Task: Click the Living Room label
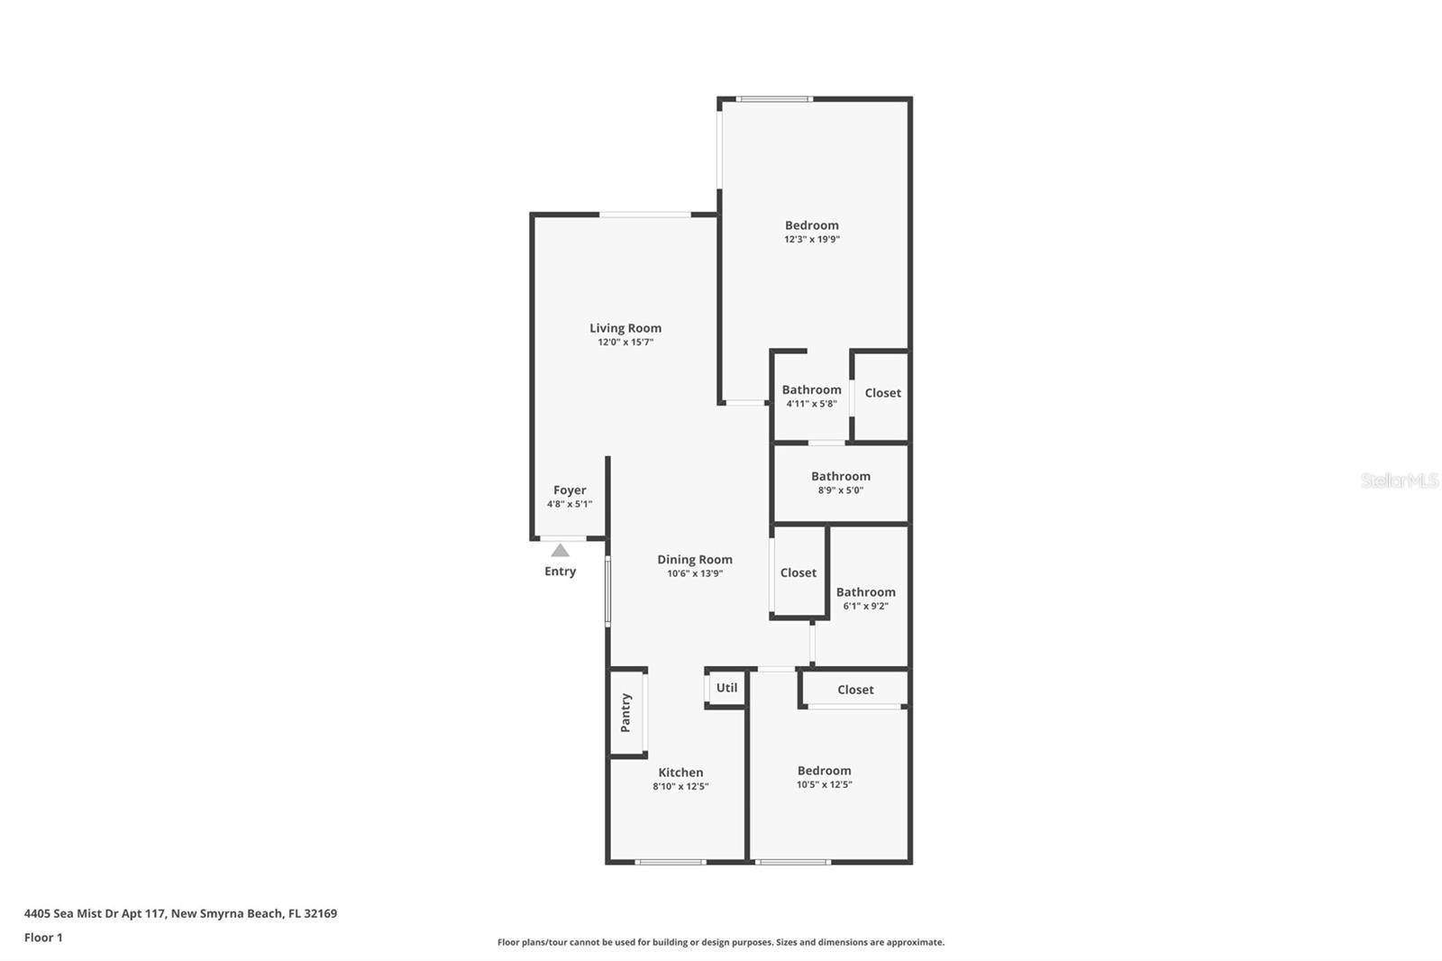(625, 328)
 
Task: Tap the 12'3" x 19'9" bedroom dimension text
(811, 240)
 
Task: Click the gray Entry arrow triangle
(560, 550)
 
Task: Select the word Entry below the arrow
(560, 572)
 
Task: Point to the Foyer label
(570, 490)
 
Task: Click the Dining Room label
(694, 560)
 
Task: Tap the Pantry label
(625, 712)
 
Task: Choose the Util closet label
(726, 688)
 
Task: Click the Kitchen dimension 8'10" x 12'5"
(680, 786)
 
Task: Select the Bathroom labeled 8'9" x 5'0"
(840, 477)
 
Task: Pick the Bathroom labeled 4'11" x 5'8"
(811, 390)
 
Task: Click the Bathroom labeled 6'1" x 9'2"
(865, 592)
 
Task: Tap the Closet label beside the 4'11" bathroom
(882, 393)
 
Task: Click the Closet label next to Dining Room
(798, 572)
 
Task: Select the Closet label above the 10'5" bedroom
(855, 690)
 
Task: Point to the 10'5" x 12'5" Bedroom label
(824, 771)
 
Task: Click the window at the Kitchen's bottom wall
(671, 862)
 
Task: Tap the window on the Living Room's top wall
(644, 215)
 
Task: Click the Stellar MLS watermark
(1399, 480)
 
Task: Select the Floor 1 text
(43, 938)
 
